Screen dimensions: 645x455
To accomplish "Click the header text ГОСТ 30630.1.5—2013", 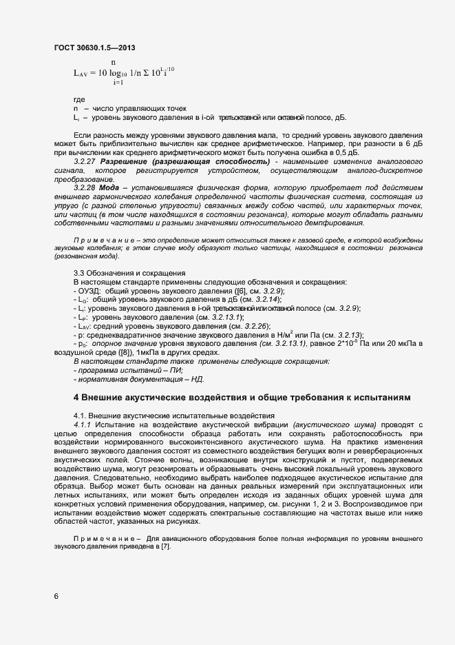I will pyautogui.click(x=94, y=48).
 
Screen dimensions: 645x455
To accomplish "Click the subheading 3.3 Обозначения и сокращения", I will pyautogui.click(x=120, y=273).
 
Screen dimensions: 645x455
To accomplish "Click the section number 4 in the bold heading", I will pyautogui.click(x=76, y=398).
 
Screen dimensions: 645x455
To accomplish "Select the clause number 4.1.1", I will pyautogui.click(x=84, y=425).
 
